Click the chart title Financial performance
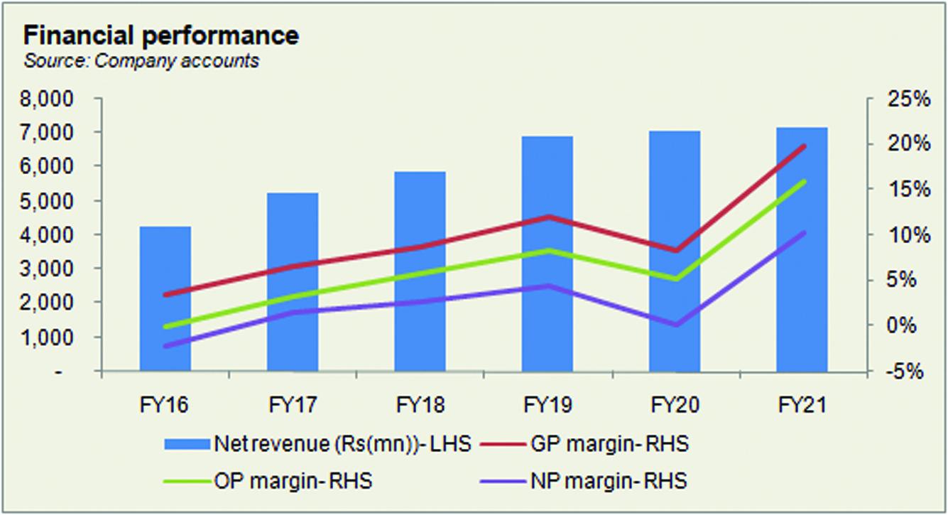click(x=161, y=35)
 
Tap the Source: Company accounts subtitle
click(x=141, y=61)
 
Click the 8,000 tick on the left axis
click(x=53, y=99)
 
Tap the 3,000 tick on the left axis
click(x=53, y=269)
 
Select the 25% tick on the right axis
click(x=908, y=99)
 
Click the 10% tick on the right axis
click(x=908, y=235)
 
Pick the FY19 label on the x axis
click(x=547, y=406)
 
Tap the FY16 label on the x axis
click(x=165, y=406)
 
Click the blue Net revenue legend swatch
click(x=187, y=445)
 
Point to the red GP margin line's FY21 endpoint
click(x=803, y=146)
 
